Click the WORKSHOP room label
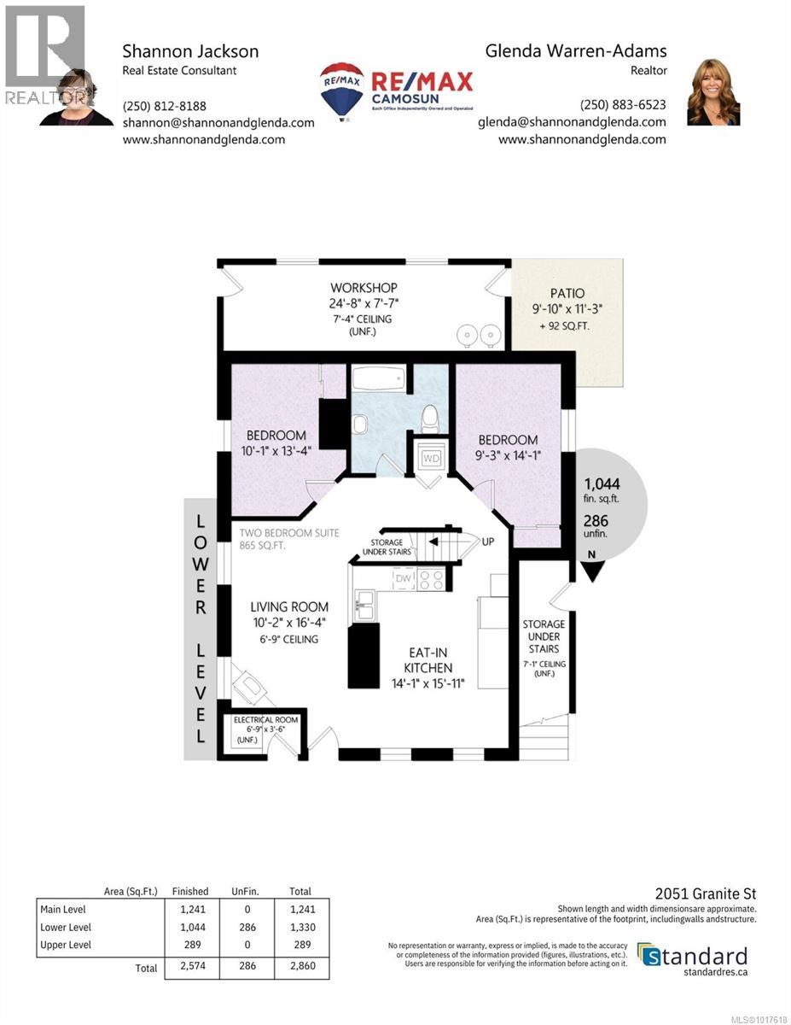[364, 287]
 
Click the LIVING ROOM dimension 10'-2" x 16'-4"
[289, 623]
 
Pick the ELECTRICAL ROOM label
[265, 720]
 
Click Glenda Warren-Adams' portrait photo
[713, 92]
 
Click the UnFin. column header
[245, 891]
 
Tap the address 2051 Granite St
[705, 893]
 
